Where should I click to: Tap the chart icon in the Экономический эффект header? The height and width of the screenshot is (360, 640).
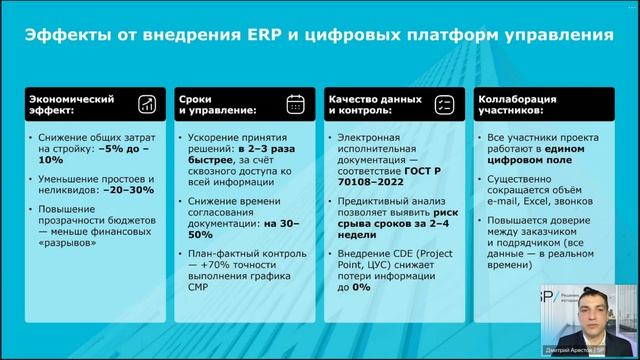point(147,104)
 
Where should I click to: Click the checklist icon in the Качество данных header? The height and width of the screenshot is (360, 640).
point(446,104)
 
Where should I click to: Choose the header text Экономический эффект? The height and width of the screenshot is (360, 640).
point(71,105)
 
